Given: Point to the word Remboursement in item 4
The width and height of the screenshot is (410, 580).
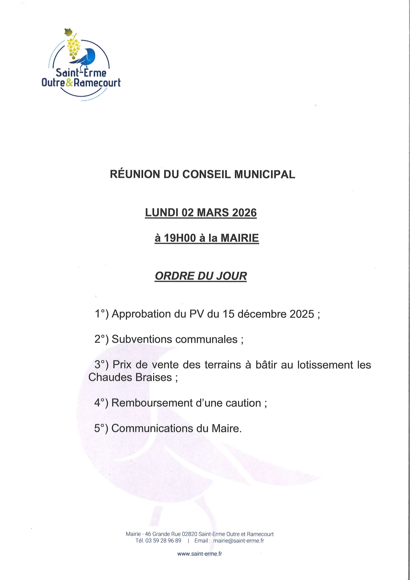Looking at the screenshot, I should coord(152,403).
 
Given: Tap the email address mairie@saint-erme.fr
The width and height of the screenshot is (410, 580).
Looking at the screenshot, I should coord(239,541).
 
